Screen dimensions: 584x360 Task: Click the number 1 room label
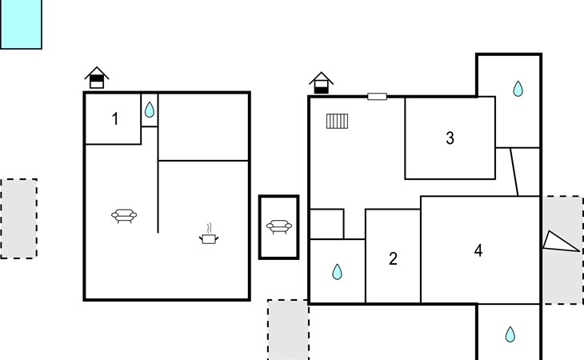coord(115,119)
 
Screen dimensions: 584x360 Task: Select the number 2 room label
coord(393,258)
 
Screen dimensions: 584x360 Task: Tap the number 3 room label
coord(450,138)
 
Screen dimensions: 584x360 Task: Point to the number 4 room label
coord(478,250)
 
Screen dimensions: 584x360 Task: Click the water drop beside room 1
coord(150,110)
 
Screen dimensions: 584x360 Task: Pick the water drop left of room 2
coord(337,272)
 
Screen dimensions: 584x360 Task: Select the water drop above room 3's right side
coord(518,89)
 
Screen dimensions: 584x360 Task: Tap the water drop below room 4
coord(510,334)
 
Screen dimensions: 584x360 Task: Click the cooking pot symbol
coord(209,234)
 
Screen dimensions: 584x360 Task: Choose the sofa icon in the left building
coord(124,215)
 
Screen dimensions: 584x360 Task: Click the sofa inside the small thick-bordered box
coord(279,226)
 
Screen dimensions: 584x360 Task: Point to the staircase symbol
coord(337,121)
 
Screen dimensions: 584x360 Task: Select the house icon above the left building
coord(97,78)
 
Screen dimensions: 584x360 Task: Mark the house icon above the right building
coord(321,82)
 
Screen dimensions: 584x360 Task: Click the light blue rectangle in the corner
coord(21,24)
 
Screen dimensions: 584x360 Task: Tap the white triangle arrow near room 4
coord(561,242)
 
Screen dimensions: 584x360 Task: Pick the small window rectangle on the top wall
coord(378,97)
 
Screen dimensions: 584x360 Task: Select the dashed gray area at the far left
coord(18,218)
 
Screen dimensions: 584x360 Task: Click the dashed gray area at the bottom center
coord(288,330)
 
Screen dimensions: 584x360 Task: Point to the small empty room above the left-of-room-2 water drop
coord(326,224)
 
